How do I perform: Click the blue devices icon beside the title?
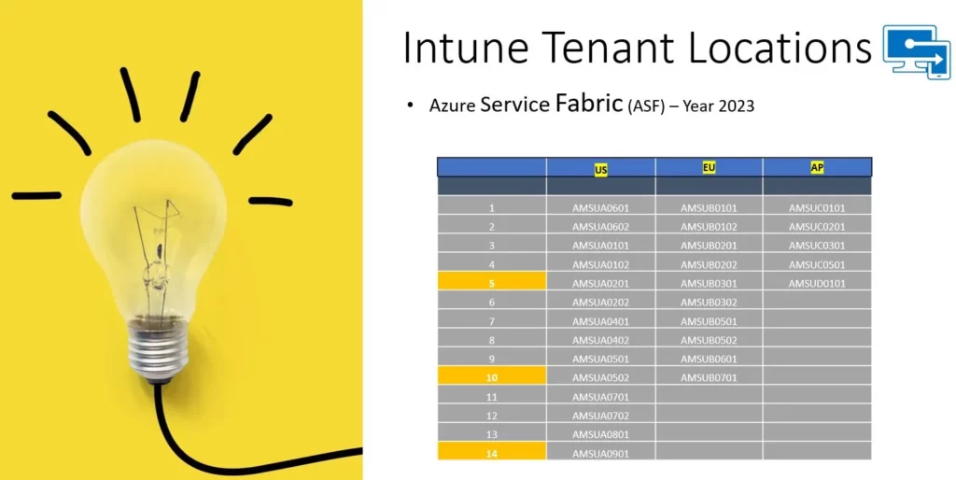[917, 52]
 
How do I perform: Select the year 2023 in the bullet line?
[737, 106]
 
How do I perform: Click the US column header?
[600, 170]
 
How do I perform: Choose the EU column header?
[709, 166]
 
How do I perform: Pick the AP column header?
[817, 168]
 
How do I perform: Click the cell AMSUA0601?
[600, 208]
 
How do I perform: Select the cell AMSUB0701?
[710, 377]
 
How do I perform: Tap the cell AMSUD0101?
[817, 284]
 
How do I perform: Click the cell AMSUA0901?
[600, 454]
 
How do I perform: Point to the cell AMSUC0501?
[817, 264]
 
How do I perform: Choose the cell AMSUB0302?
[710, 303]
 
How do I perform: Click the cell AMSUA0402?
[600, 340]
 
